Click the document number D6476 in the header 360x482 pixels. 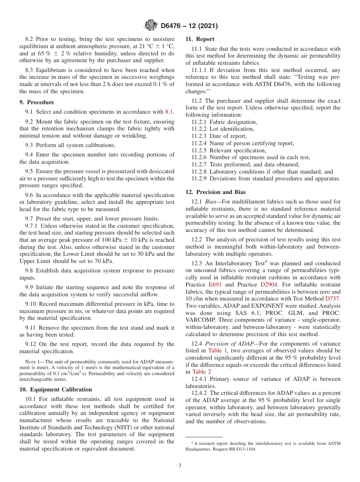tap(173, 26)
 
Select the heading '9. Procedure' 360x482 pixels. tap(37, 102)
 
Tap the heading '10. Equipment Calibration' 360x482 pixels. tap(55, 390)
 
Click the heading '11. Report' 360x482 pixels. tap(200, 39)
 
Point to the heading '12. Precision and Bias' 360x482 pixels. tap(215, 192)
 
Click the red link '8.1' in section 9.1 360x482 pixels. tap(169, 112)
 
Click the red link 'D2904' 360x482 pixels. tap(269, 284)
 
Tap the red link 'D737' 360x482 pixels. tap(332, 299)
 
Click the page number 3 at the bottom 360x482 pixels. tap(180, 465)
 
